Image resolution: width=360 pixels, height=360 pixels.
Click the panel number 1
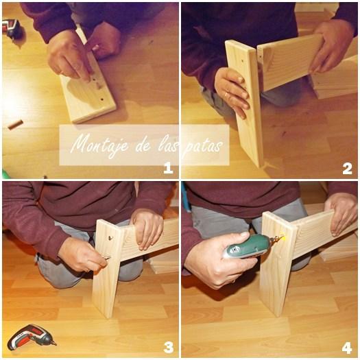168,168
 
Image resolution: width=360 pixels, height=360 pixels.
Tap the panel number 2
347,169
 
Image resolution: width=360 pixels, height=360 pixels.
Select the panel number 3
169,348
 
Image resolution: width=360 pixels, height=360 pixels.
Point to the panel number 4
347,348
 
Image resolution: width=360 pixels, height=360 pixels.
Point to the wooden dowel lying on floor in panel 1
15,124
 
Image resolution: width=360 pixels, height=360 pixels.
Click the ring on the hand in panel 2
226,95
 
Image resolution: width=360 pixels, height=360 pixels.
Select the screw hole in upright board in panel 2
243,62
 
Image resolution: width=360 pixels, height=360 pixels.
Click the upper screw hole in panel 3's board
110,238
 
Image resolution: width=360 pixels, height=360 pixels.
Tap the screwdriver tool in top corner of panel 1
12,28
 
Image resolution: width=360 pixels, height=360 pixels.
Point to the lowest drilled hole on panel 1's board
101,100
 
